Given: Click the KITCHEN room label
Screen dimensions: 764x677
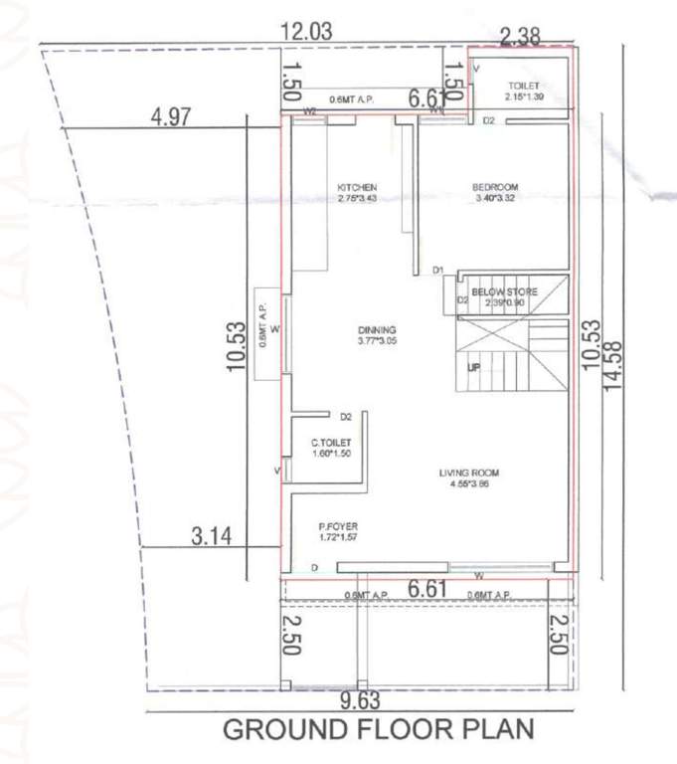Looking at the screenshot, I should (x=357, y=187).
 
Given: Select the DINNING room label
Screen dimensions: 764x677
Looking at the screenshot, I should (x=378, y=330).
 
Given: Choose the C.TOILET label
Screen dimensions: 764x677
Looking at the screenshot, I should (x=330, y=443).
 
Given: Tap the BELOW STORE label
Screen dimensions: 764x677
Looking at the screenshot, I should (x=505, y=291).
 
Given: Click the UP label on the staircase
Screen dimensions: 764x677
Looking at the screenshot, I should (x=474, y=368).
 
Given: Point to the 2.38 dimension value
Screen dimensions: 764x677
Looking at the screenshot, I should (x=520, y=38).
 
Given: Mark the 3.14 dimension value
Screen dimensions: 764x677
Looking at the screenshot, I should (x=211, y=536).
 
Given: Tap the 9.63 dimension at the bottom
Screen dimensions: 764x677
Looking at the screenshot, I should (x=361, y=701).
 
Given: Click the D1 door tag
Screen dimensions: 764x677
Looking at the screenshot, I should (x=437, y=271).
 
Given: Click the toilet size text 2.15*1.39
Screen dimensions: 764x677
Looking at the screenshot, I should (x=523, y=96).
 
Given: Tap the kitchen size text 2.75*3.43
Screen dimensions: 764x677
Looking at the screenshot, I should (x=357, y=198).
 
